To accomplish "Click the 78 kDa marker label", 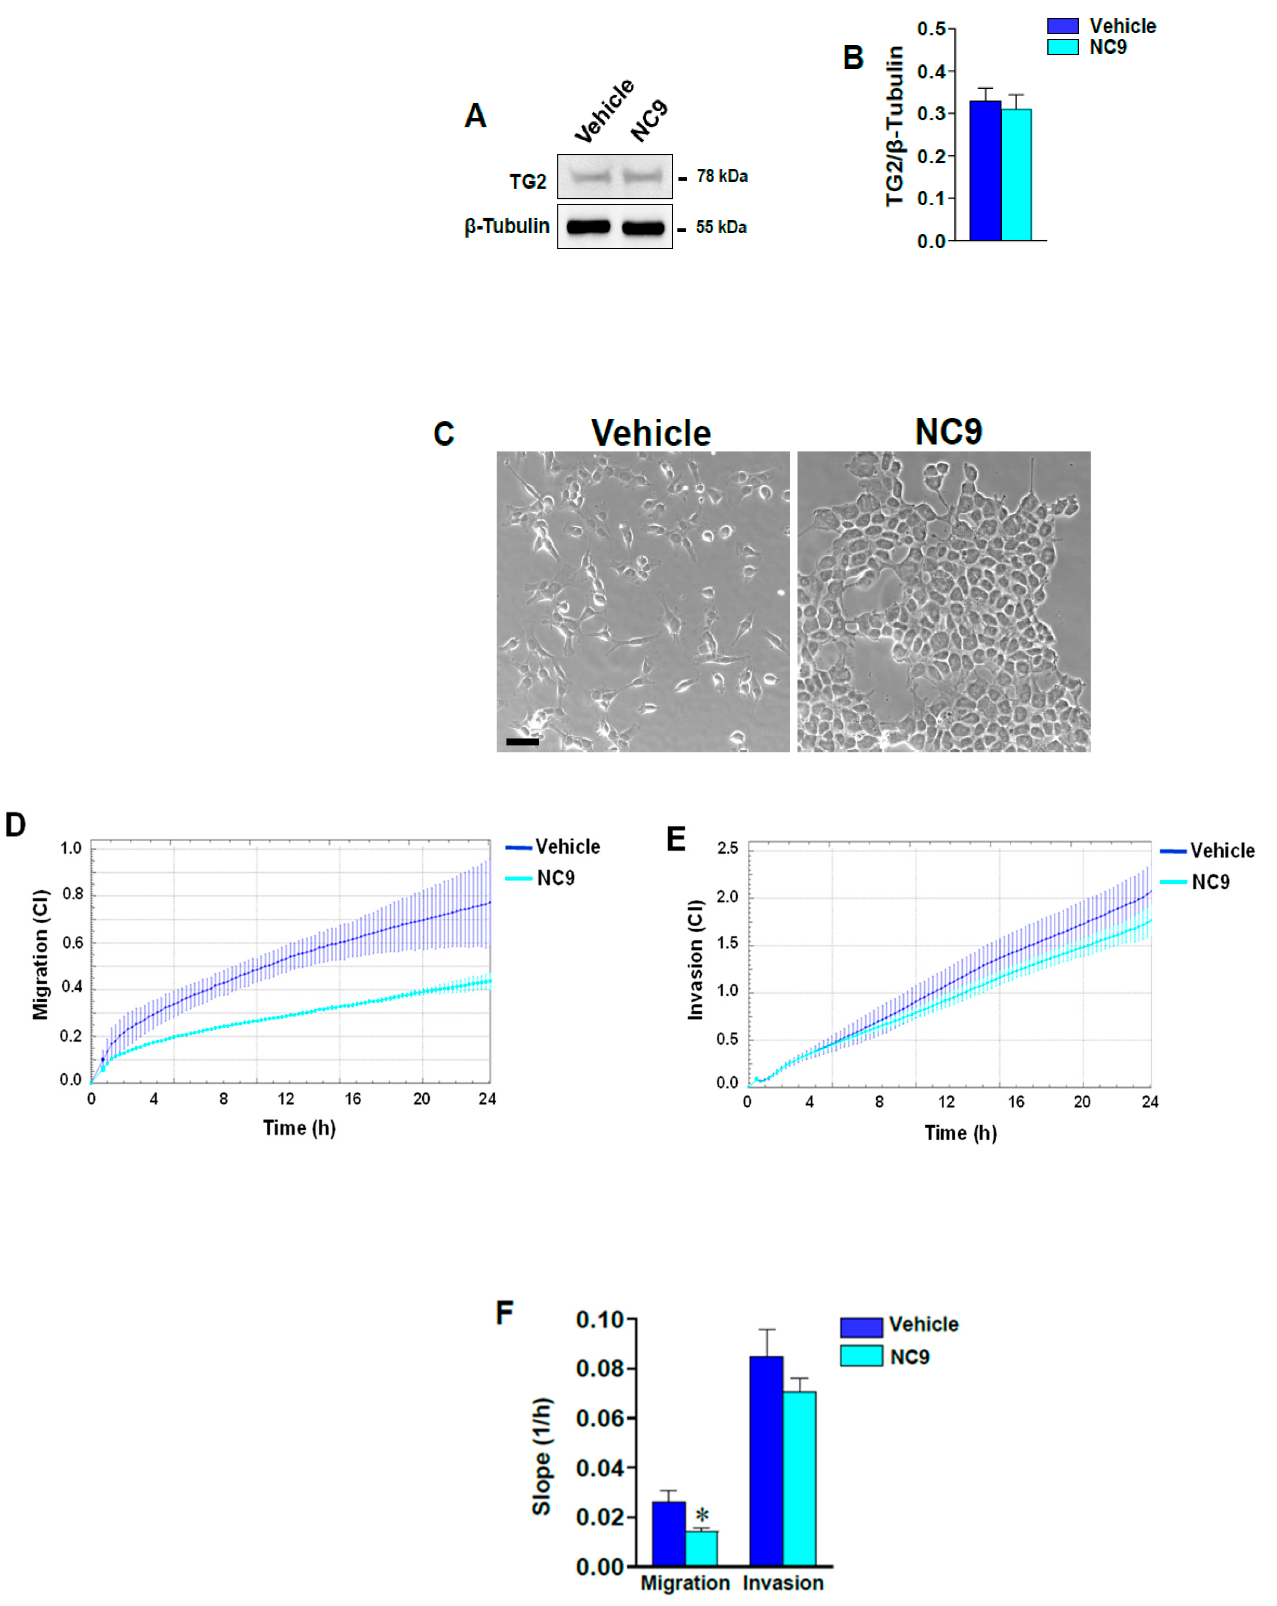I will tap(721, 177).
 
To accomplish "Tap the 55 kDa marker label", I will tap(721, 227).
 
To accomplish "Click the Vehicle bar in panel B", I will tap(984, 171).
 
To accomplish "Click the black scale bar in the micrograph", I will tap(522, 741).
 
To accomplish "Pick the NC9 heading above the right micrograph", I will tap(948, 432).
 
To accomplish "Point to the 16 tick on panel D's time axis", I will tap(352, 1099).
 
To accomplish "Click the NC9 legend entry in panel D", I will tap(555, 878).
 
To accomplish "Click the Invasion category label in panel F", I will tap(783, 1583).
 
